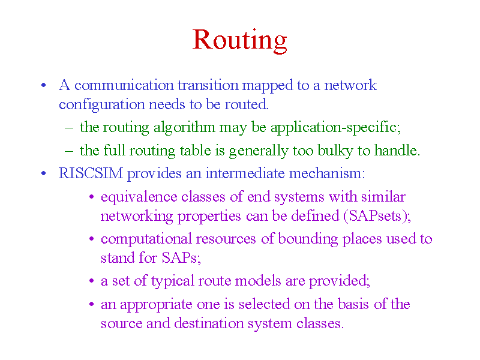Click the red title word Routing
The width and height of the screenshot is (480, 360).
(239, 41)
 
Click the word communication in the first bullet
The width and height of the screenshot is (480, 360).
(124, 85)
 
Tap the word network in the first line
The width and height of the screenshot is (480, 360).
(350, 85)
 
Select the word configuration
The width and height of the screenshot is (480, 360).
(101, 105)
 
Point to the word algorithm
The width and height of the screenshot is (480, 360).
(184, 128)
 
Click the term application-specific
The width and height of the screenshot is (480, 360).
(335, 128)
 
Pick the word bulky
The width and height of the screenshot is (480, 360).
(335, 151)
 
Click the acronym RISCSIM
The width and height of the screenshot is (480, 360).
(91, 173)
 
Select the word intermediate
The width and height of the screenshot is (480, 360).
(245, 173)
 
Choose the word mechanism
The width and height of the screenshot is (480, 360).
(327, 173)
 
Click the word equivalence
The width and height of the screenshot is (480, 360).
(139, 197)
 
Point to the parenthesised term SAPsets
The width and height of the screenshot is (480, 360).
(374, 216)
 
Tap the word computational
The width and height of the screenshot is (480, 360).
(146, 239)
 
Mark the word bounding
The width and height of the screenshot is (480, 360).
(308, 239)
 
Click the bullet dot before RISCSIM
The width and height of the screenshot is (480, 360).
(44, 173)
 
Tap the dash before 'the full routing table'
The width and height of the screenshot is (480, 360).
(69, 151)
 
